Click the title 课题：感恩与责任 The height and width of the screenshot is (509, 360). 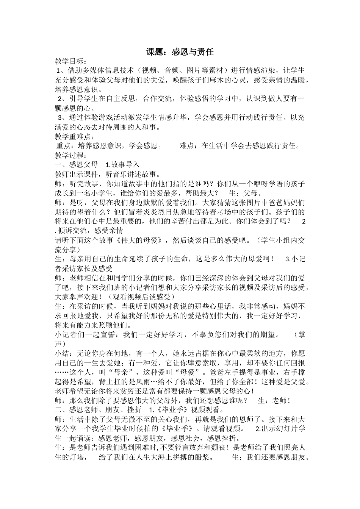(180, 52)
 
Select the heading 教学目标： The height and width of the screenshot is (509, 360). (71, 61)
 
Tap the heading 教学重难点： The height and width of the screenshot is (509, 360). (74, 136)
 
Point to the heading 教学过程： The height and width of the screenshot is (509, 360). (71, 155)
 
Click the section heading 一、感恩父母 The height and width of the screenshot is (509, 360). (76, 165)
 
